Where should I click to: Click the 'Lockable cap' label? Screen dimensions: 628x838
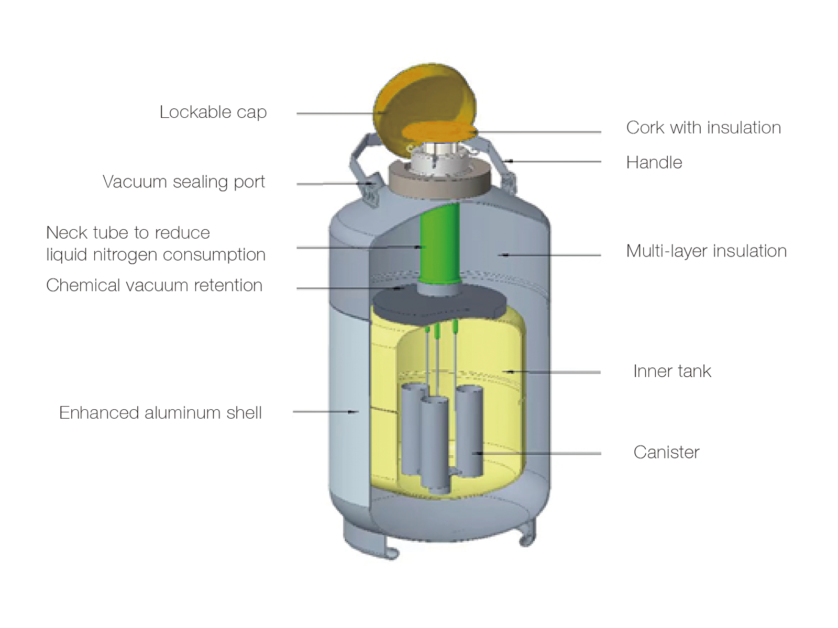point(213,112)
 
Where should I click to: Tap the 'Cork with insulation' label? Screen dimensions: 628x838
point(703,128)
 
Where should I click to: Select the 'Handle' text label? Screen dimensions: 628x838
point(654,163)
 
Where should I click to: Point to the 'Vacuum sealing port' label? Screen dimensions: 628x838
point(183,182)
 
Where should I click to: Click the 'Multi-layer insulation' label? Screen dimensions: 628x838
point(706,251)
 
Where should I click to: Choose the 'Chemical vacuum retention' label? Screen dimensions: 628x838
point(154,285)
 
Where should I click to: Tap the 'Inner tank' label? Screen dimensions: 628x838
point(671,371)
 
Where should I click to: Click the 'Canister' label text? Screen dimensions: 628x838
point(666,452)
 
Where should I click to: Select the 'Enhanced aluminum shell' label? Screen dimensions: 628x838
point(160,413)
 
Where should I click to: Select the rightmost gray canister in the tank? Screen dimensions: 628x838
point(469,432)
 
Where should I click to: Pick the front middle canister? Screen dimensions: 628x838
point(435,445)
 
